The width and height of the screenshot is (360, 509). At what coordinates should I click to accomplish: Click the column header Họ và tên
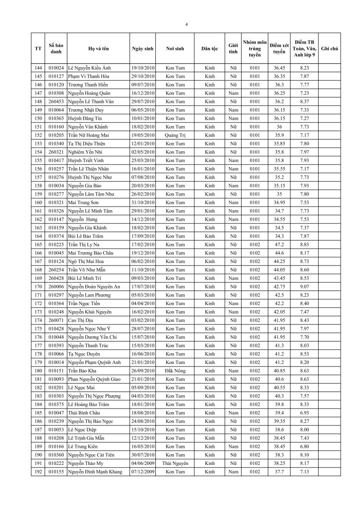click(98, 49)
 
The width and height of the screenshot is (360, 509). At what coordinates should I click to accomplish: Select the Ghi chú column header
click(329, 49)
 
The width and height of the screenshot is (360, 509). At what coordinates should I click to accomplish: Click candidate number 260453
click(56, 101)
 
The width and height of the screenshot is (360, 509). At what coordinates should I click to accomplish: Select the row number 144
click(38, 68)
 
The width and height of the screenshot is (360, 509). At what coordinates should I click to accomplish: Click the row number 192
click(38, 472)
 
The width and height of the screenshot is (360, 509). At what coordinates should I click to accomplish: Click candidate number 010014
click(56, 362)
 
